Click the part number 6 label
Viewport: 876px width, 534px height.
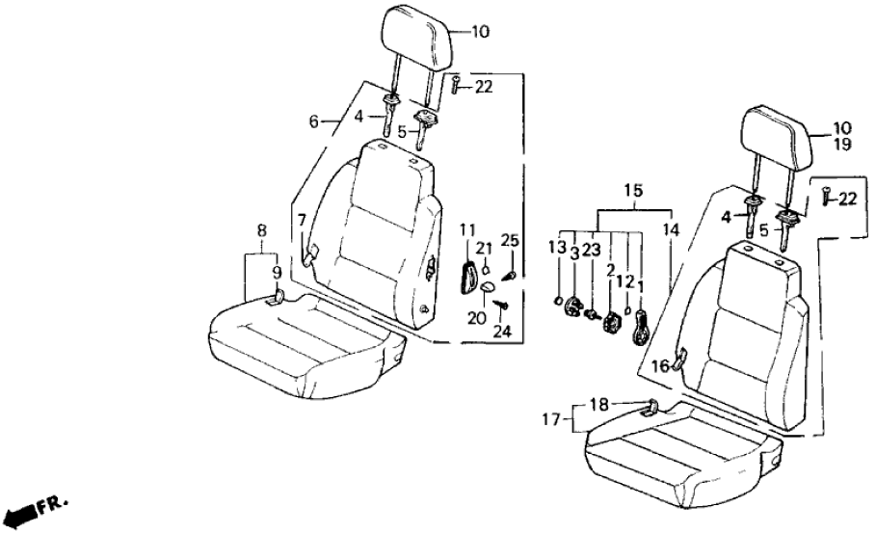313,121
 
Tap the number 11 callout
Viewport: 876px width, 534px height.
467,228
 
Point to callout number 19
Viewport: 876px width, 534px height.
843,144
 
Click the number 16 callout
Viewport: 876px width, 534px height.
658,365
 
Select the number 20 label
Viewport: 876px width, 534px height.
473,318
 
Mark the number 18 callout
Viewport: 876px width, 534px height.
599,405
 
